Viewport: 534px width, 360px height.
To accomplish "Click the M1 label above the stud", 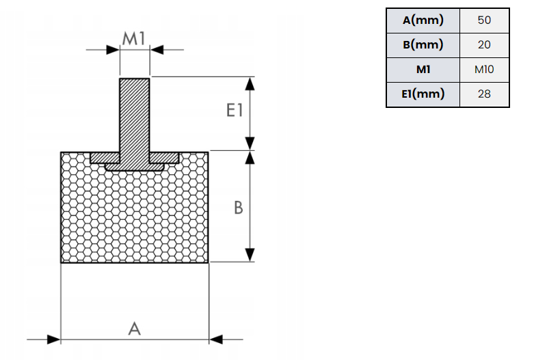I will (134, 38).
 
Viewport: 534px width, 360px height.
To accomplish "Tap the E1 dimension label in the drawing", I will (235, 111).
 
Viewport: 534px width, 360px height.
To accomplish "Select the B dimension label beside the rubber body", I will (238, 207).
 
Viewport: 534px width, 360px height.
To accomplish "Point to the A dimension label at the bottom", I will (135, 329).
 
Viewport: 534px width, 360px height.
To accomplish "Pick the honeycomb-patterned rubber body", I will (135, 219).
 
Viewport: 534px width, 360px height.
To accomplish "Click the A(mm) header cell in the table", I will (423, 20).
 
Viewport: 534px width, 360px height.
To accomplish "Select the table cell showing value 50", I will (484, 20).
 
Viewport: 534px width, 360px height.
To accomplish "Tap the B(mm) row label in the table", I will (423, 45).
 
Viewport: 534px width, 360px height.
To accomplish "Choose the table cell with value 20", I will (484, 45).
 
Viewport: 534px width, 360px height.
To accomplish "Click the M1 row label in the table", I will (423, 70).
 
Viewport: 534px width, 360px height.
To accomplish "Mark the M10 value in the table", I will (484, 70).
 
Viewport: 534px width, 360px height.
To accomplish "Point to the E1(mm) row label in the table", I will (423, 94).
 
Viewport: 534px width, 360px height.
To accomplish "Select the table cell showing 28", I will (484, 94).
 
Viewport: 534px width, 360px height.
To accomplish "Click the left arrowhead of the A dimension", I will (53, 339).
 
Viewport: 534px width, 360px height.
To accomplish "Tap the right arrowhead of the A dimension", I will (216, 339).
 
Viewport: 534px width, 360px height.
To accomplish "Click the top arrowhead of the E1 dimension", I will (250, 84).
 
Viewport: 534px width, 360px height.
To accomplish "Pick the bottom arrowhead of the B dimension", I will (250, 254).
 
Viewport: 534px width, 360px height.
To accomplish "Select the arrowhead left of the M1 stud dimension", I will (113, 49).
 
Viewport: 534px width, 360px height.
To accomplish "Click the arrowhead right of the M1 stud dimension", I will (157, 49).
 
